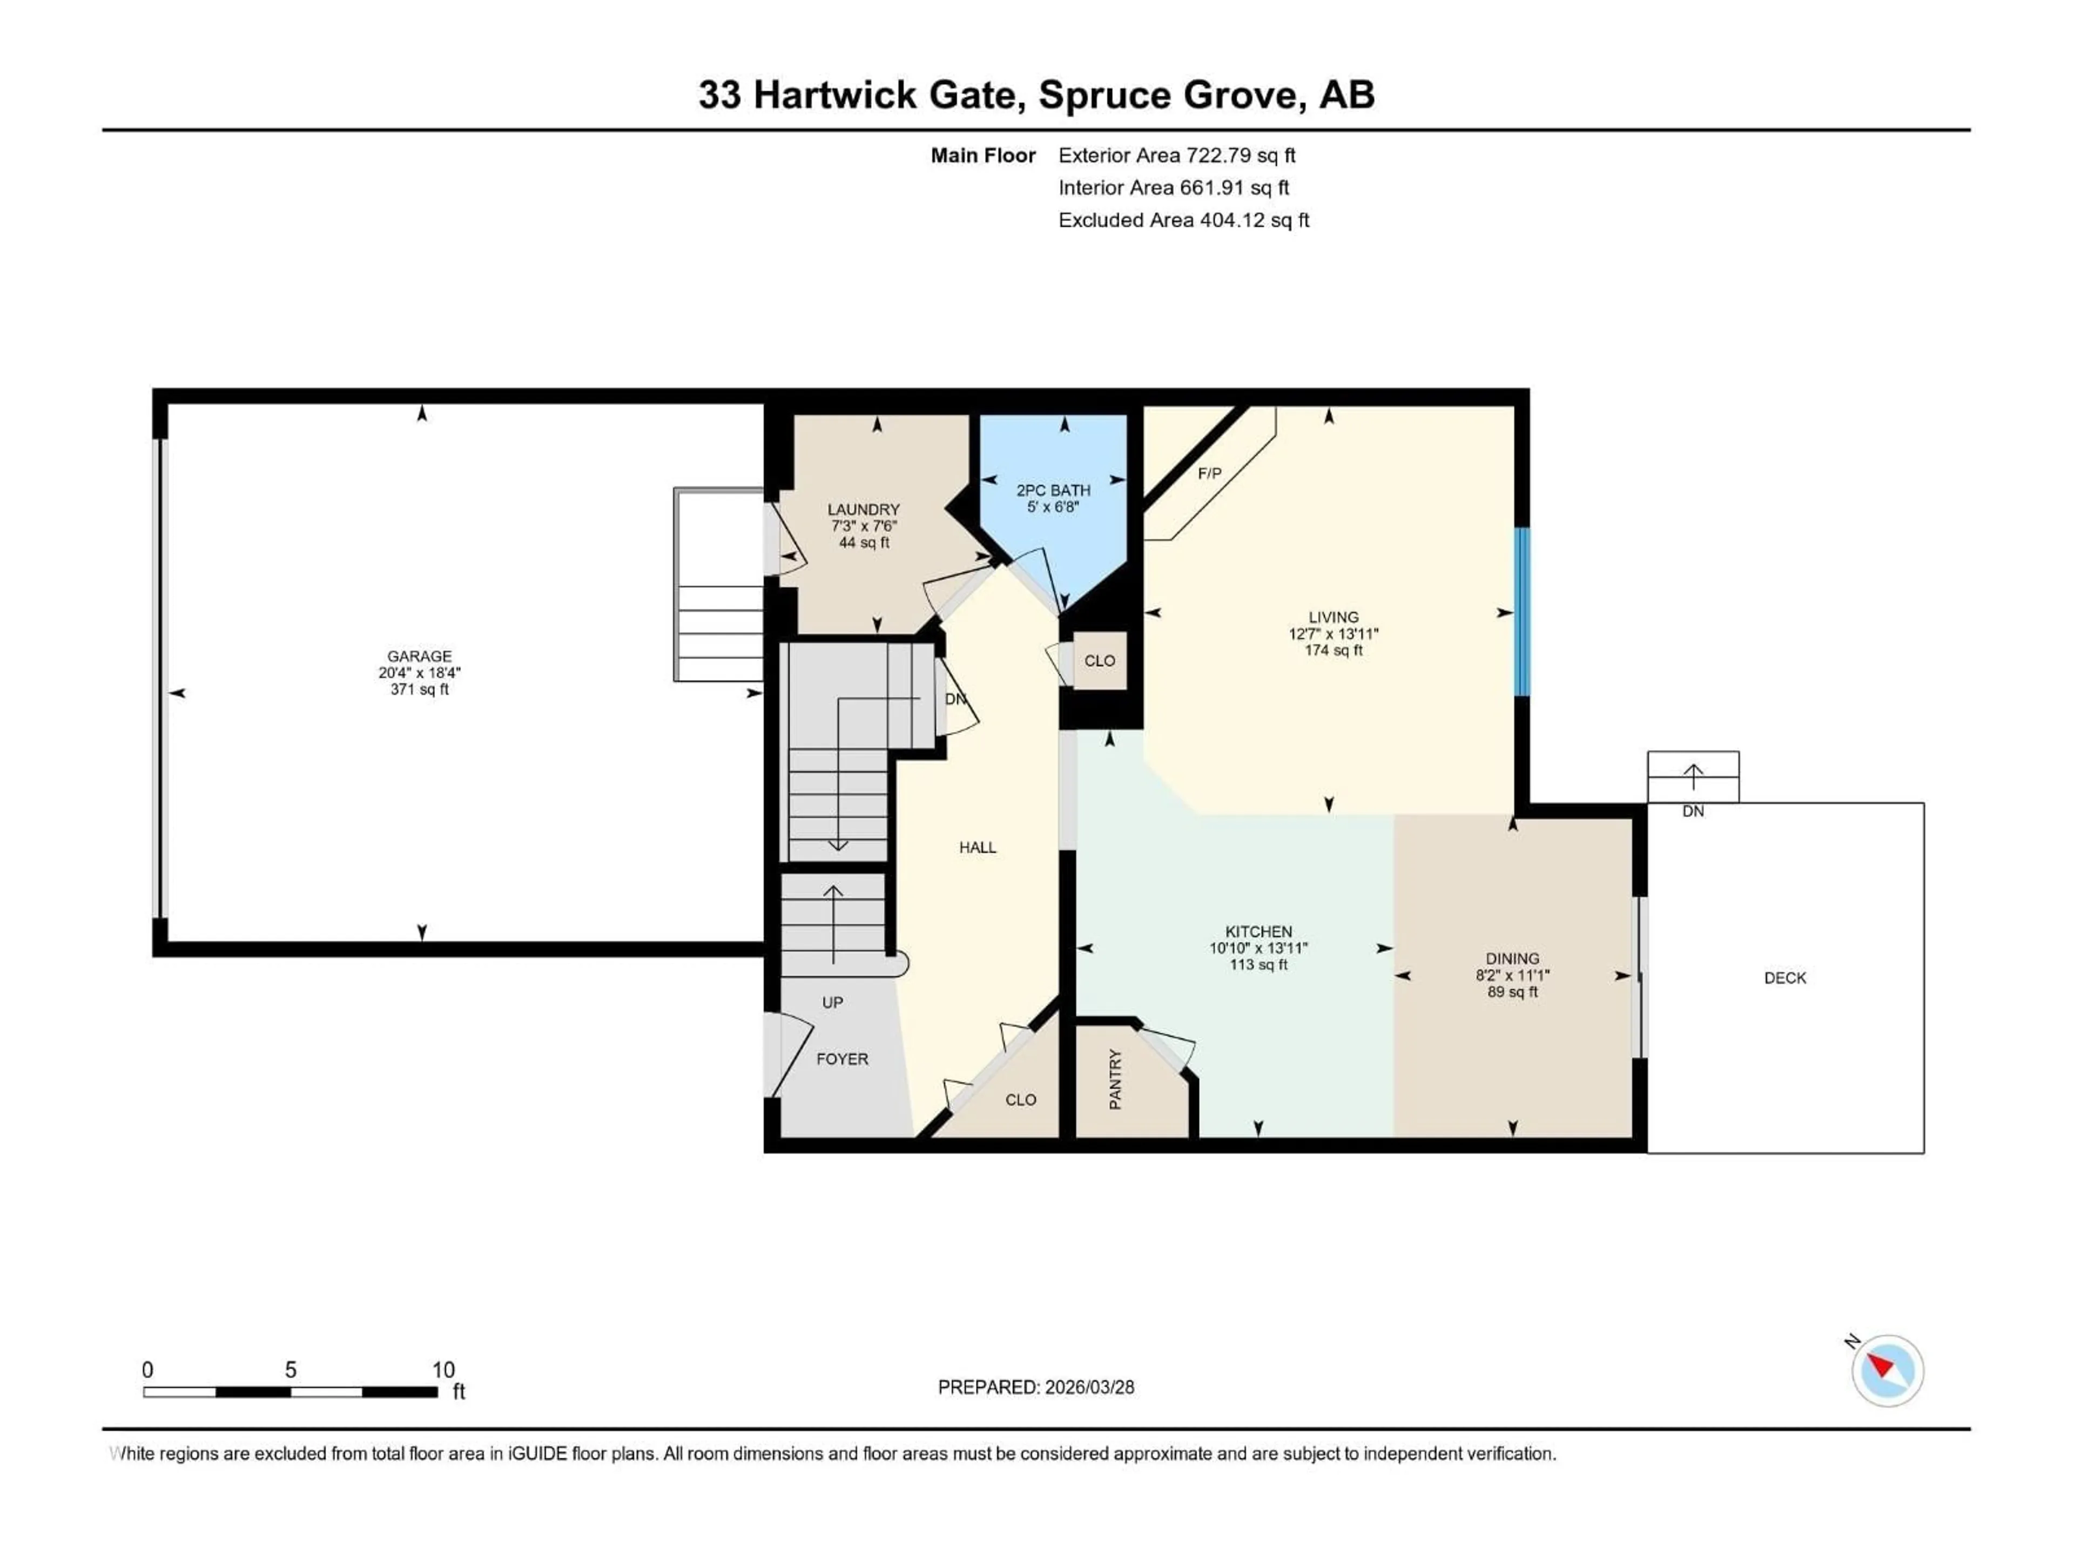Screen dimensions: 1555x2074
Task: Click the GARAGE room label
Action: (419, 656)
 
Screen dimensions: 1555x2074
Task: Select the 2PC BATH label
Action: (1053, 490)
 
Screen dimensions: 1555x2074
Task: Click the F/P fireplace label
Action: (1209, 474)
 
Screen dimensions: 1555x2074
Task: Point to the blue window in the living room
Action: (1523, 612)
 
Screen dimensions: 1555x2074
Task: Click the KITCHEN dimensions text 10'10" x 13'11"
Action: (1258, 948)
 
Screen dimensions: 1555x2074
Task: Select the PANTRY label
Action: (1115, 1080)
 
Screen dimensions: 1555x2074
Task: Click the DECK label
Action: (1785, 978)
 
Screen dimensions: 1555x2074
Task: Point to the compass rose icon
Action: (1887, 1370)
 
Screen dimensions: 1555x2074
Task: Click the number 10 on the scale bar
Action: (442, 1369)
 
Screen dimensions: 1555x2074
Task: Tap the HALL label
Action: (977, 847)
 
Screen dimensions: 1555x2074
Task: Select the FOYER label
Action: (842, 1059)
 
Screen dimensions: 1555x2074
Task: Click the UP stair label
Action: (832, 1002)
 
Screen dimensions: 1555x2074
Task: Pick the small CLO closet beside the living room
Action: (1099, 661)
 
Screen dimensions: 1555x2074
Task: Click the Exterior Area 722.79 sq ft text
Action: (1177, 155)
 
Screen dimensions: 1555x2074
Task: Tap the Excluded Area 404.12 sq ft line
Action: (1183, 220)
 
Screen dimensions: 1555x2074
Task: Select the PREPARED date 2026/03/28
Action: (1036, 1387)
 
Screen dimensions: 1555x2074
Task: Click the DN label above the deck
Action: (1692, 812)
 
